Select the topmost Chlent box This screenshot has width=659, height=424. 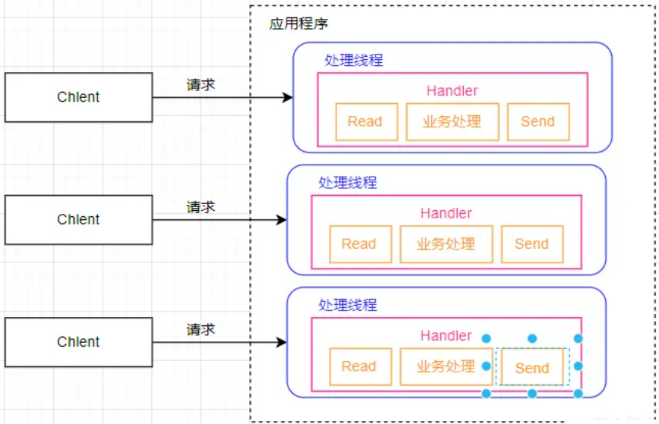coord(78,97)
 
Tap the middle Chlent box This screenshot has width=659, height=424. coord(78,219)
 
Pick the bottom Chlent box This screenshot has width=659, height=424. coord(78,342)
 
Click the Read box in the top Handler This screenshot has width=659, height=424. coord(365,122)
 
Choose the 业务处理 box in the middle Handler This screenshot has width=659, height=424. coord(446,244)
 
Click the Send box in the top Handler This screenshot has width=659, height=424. coord(538,122)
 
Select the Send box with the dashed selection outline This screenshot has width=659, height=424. coord(531,368)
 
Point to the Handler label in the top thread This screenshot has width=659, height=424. coord(452,91)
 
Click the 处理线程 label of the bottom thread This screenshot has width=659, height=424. coord(347,306)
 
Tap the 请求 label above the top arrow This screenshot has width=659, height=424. coord(200,84)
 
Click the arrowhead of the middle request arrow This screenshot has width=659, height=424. coord(282,220)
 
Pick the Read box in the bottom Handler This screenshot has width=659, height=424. coord(360,367)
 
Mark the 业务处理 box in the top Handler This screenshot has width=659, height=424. coord(452,122)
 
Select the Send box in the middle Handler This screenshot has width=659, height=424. coord(531,244)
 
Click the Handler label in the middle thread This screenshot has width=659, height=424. coord(446,213)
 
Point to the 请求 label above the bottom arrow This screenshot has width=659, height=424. coord(200,329)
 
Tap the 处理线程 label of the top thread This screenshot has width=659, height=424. coord(353,61)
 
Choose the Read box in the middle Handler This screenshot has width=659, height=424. coord(360,244)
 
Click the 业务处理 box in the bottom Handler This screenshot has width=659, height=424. coord(446,367)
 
